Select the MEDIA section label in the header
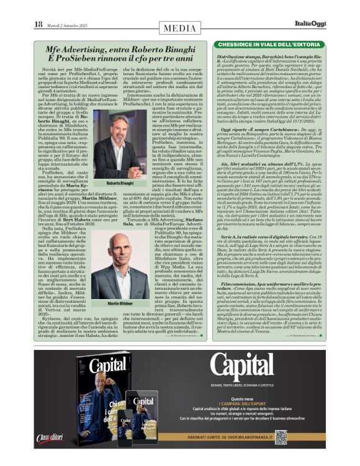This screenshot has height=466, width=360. pos(180,28)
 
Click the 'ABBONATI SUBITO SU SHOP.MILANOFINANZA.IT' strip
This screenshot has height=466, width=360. pos(254,435)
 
